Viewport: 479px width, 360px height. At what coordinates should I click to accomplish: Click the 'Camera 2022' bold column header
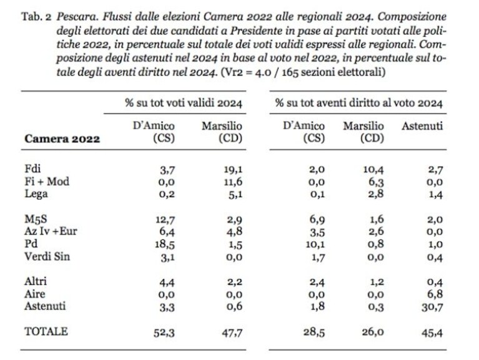[x=62, y=139]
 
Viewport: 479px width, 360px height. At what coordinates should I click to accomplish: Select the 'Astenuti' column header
[x=422, y=126]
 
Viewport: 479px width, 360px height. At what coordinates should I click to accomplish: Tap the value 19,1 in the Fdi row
[x=233, y=170]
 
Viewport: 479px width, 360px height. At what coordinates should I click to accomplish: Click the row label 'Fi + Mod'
[x=47, y=181]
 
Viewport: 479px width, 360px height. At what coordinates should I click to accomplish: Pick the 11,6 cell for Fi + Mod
[x=233, y=182]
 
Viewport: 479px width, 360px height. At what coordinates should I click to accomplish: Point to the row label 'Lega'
[x=36, y=194]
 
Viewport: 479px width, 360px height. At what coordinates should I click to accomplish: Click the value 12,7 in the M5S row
[x=165, y=220]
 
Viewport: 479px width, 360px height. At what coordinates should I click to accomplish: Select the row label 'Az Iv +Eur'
[x=51, y=231]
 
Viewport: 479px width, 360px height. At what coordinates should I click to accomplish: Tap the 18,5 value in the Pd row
[x=165, y=245]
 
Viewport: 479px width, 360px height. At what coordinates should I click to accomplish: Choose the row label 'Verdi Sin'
[x=47, y=256]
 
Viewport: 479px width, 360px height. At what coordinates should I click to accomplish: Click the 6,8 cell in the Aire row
[x=435, y=294]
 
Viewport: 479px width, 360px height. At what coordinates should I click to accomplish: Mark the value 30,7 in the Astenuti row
[x=432, y=307]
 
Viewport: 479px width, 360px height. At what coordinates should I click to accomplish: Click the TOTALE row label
[x=46, y=331]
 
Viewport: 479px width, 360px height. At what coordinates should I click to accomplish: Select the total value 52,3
[x=164, y=333]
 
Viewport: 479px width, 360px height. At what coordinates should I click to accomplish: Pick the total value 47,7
[x=232, y=333]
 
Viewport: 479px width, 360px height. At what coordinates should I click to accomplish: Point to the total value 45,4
[x=432, y=333]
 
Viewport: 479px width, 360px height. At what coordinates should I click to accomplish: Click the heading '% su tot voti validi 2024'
[x=183, y=103]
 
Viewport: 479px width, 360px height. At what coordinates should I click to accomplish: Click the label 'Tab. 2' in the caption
[x=36, y=16]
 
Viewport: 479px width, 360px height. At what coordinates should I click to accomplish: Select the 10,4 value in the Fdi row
[x=373, y=170]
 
